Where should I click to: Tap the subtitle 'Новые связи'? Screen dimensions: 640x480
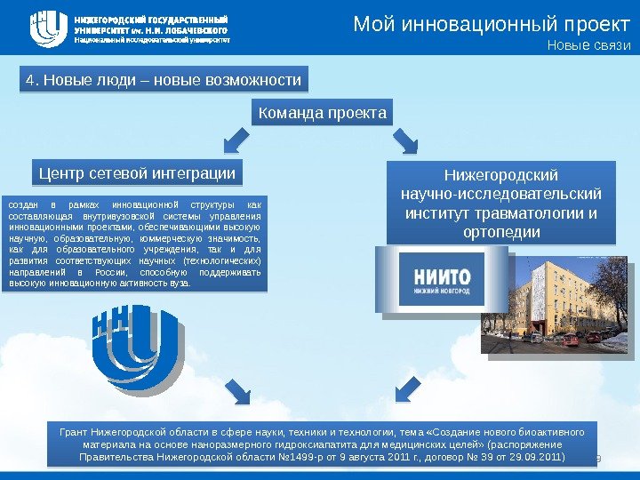[x=588, y=47]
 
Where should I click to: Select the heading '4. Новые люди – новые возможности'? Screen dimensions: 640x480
[x=164, y=80]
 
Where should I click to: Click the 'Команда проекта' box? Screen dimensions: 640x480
[x=322, y=114]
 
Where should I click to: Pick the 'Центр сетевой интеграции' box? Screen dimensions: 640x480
[x=137, y=172]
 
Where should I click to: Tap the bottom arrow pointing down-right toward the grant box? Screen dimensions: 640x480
[x=236, y=389]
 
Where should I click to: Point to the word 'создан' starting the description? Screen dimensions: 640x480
[x=21, y=204]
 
